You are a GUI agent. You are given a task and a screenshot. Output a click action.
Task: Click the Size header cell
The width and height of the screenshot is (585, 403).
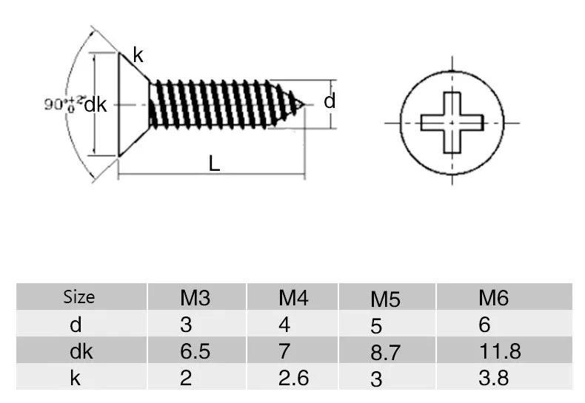coord(78,297)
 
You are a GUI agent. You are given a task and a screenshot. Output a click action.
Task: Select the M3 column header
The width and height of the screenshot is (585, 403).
coord(195,298)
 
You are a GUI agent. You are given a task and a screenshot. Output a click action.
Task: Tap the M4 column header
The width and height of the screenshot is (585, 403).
coord(293,298)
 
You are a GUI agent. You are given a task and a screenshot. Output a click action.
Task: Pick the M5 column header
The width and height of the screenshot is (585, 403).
coord(385,299)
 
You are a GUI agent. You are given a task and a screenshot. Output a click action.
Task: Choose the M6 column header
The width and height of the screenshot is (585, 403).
coord(494,298)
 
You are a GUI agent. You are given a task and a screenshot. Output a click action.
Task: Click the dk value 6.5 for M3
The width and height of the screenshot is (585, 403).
coord(195,351)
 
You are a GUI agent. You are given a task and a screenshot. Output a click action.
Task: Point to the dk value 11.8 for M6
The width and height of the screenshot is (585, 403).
coord(500,351)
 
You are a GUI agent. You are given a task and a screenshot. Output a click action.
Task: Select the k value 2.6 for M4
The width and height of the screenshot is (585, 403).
coord(293,378)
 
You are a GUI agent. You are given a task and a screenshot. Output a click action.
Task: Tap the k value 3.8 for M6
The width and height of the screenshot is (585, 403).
coord(494,378)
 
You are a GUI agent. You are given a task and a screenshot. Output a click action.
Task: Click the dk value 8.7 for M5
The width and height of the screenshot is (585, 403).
coord(385,353)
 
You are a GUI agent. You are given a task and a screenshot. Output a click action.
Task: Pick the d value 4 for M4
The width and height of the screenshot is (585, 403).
coord(284,325)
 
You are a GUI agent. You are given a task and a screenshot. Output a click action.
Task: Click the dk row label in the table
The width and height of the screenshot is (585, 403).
coord(81,351)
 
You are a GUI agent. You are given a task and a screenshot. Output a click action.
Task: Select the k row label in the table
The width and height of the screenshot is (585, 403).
coord(75,378)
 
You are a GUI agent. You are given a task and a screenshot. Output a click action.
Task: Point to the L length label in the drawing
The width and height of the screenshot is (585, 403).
coord(214,163)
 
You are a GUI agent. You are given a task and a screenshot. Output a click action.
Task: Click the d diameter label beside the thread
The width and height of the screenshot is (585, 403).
coord(330,101)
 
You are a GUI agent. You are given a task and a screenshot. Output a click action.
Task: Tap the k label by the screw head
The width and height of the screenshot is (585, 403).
coord(138,55)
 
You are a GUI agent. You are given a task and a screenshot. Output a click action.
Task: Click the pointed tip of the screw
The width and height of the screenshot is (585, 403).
coord(305,105)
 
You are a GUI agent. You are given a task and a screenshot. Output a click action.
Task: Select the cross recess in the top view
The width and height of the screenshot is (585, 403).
coord(452,123)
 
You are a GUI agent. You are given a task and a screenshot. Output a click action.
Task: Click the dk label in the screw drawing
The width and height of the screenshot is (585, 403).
coord(96,105)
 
